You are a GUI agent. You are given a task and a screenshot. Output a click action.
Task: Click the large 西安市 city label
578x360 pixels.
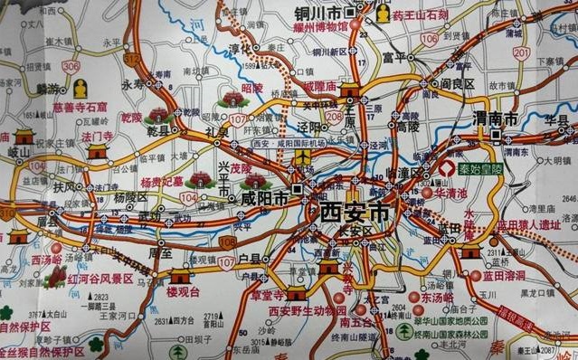tap(353, 213)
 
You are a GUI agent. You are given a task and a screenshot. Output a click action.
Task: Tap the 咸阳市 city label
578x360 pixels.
tap(264, 198)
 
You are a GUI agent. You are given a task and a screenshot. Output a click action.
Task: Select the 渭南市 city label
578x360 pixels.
tap(495, 118)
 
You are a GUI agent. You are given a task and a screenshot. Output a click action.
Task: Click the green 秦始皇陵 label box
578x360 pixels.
tap(472, 167)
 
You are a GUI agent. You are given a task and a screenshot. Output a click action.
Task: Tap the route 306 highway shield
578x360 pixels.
tap(71, 66)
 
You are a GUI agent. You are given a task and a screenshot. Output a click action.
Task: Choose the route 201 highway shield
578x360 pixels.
tap(521, 52)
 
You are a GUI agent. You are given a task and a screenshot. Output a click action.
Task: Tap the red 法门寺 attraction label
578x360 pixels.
tap(96, 136)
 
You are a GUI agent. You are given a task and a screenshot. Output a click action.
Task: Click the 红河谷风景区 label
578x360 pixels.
tap(99, 279)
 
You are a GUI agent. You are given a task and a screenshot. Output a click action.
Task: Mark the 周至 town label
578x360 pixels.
tap(160, 254)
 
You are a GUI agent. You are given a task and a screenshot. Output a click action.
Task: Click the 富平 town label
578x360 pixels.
tap(392, 55)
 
